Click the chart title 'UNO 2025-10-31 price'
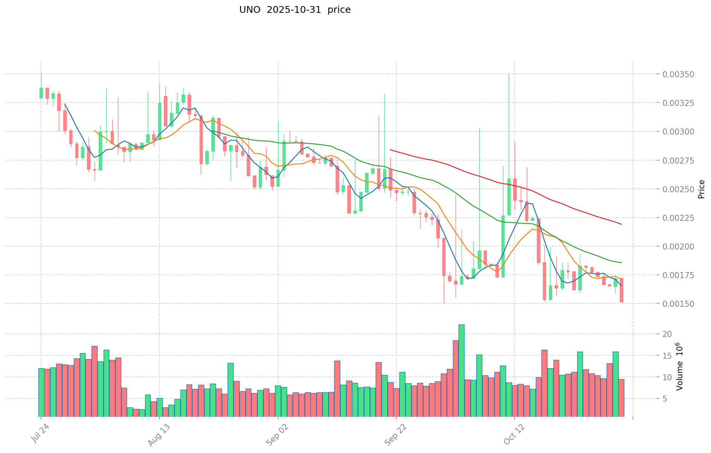[x=295, y=10]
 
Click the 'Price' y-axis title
[x=701, y=189]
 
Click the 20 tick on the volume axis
[x=667, y=334]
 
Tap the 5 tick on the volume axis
[x=667, y=399]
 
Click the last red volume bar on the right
[x=621, y=398]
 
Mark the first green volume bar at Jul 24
[x=41, y=392]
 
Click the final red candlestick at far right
[x=621, y=290]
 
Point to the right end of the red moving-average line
[x=621, y=224]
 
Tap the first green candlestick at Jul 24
[x=41, y=93]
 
